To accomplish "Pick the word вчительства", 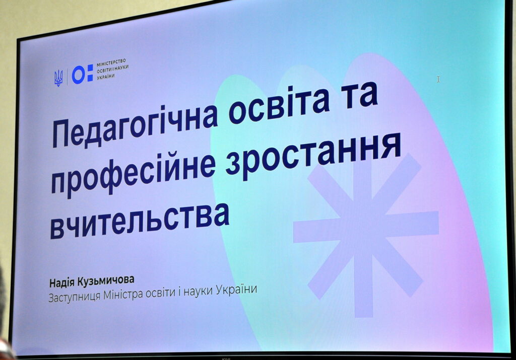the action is point(140,220).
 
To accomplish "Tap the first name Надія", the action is point(62,282).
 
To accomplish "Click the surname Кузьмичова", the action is point(106,281).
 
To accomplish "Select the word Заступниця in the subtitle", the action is point(75,296).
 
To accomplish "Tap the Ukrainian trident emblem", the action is point(58,78).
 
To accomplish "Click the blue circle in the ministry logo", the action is point(78,75).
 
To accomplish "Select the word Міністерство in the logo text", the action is point(111,62).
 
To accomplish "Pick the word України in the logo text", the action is point(106,77).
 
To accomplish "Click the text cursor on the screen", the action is point(438,79).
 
